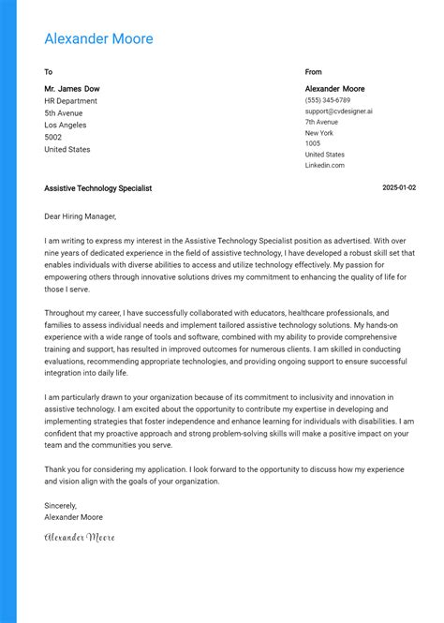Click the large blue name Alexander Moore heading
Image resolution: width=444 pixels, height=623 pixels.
pyautogui.click(x=98, y=39)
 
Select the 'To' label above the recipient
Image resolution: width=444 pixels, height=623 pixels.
pyautogui.click(x=49, y=72)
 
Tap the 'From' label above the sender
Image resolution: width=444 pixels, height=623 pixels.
pyautogui.click(x=313, y=72)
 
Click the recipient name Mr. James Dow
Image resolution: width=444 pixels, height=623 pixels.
pyautogui.click(x=72, y=89)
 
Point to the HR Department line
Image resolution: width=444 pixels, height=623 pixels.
pyautogui.click(x=70, y=101)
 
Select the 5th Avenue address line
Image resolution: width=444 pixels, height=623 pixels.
pyautogui.click(x=64, y=113)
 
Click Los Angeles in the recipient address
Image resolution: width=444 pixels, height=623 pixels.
pyautogui.click(x=66, y=126)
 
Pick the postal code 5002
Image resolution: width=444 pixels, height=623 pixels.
pyautogui.click(x=53, y=138)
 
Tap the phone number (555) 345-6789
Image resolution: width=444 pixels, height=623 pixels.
pyautogui.click(x=328, y=100)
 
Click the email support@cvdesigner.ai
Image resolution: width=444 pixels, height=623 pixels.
pyautogui.click(x=338, y=111)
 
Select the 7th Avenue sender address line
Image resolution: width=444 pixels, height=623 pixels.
pyautogui.click(x=321, y=122)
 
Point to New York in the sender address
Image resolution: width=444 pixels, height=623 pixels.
pyautogui.click(x=318, y=133)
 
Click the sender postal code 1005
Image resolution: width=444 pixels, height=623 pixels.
pyautogui.click(x=313, y=143)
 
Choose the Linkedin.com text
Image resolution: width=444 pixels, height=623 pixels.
pyautogui.click(x=324, y=166)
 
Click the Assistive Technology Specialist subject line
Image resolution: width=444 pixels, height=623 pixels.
pyautogui.click(x=97, y=188)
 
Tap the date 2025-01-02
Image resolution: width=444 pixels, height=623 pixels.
pyautogui.click(x=399, y=188)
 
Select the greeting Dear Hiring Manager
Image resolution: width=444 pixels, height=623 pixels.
pyautogui.click(x=81, y=216)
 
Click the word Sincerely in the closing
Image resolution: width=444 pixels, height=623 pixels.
pyautogui.click(x=61, y=505)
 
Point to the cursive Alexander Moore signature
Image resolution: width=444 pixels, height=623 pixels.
pyautogui.click(x=79, y=537)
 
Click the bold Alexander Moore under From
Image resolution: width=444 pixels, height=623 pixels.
pyautogui.click(x=334, y=89)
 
